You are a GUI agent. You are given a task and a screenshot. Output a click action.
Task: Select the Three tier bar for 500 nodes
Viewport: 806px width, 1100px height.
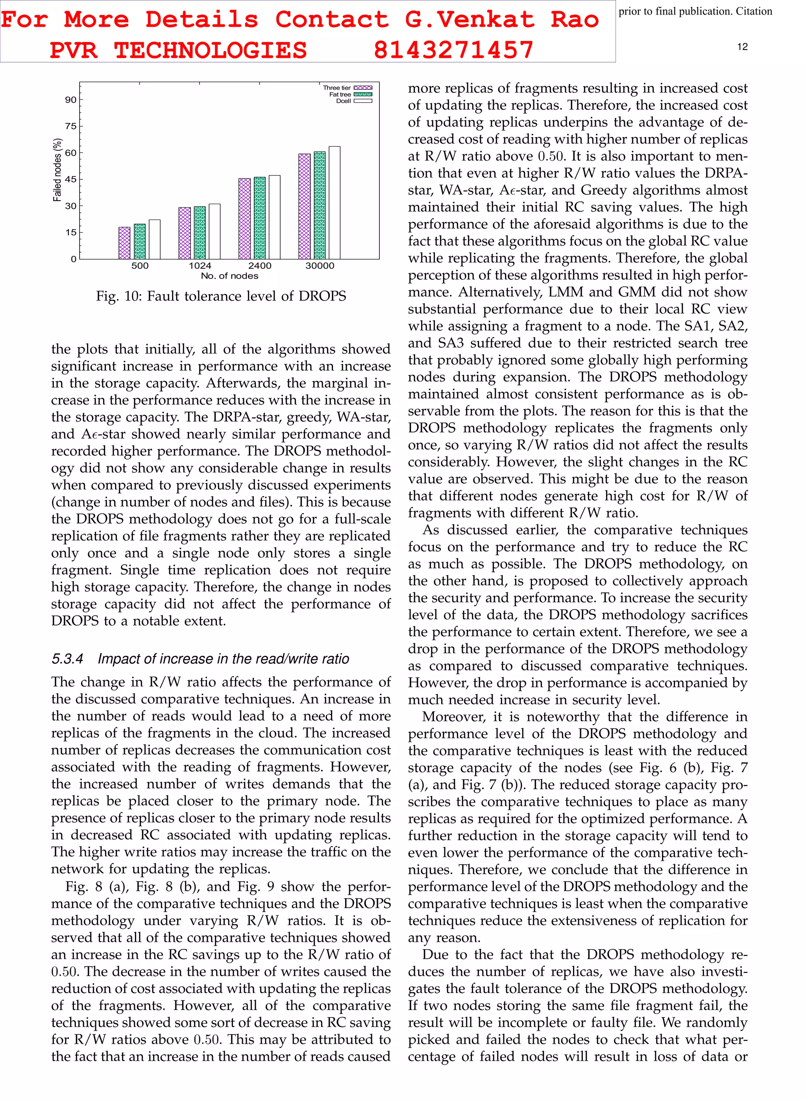[x=124, y=243]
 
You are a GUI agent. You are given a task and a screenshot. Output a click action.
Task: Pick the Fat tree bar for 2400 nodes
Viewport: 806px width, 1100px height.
[x=260, y=218]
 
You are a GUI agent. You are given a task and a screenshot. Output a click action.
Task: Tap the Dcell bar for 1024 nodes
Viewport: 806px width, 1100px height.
[x=214, y=232]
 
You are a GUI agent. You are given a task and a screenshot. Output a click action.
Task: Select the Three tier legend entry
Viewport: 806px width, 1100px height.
[x=348, y=88]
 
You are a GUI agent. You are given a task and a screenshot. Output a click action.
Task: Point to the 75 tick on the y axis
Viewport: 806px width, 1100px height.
[x=71, y=126]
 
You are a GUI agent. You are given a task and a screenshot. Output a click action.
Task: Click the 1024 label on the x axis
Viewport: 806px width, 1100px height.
[x=200, y=266]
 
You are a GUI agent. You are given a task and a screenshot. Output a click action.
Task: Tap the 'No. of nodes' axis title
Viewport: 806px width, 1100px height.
[x=229, y=276]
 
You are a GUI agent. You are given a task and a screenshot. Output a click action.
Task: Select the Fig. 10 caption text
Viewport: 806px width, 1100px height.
[x=221, y=296]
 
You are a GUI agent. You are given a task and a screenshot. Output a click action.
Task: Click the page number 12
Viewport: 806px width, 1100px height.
[x=742, y=47]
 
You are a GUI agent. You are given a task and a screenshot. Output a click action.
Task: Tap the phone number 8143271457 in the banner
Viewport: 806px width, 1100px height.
[x=453, y=50]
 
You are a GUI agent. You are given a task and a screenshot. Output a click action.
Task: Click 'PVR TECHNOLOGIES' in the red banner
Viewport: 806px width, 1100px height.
[x=178, y=50]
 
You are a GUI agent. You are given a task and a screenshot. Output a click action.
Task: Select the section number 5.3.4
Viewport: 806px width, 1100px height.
[x=67, y=659]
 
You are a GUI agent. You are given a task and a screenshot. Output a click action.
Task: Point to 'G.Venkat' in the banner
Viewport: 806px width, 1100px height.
[x=470, y=20]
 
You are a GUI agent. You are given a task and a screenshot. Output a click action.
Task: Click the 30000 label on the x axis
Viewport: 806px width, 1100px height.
[x=320, y=266]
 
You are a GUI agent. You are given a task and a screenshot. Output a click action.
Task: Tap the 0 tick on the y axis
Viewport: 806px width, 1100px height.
[x=74, y=259]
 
